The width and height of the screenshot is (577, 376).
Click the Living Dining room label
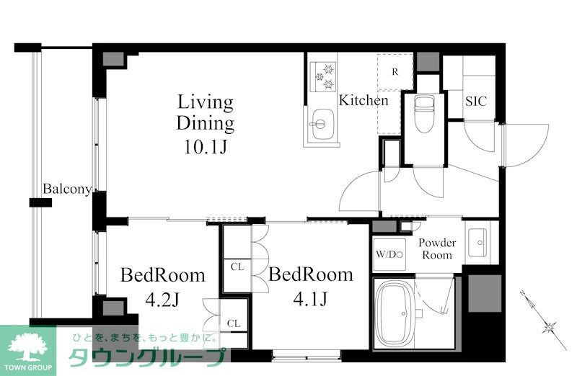pyautogui.click(x=206, y=113)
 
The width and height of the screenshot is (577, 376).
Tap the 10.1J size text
pyautogui.click(x=206, y=147)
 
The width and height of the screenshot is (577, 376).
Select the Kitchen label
pyautogui.click(x=364, y=100)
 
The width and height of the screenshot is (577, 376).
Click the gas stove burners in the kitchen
pyautogui.click(x=323, y=77)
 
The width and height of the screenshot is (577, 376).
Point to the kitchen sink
pyautogui.click(x=320, y=124)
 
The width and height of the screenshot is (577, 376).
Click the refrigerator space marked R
pyautogui.click(x=395, y=72)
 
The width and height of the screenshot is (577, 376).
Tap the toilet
pyautogui.click(x=424, y=114)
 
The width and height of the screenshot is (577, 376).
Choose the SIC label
pyautogui.click(x=476, y=101)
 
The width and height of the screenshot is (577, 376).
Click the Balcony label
pyautogui.click(x=67, y=189)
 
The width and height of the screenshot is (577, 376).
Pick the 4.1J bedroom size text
pyautogui.click(x=310, y=299)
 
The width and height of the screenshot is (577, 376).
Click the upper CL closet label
pyautogui.click(x=237, y=267)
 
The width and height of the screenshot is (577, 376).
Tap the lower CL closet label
pyautogui.click(x=234, y=323)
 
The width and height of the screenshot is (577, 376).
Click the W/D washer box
pyautogui.click(x=389, y=255)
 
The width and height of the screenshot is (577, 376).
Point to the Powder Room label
pyautogui.click(x=437, y=249)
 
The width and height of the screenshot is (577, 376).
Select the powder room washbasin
pyautogui.click(x=477, y=243)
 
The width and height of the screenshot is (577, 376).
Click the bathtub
pyautogui.click(x=394, y=313)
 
